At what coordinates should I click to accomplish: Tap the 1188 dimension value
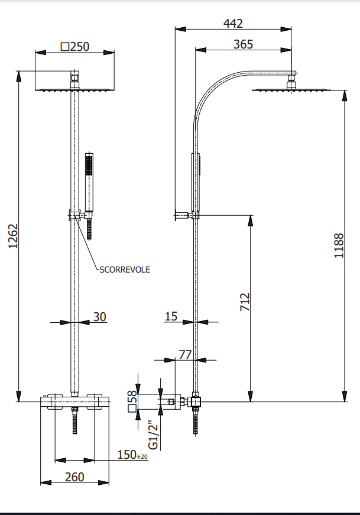pos(339,245)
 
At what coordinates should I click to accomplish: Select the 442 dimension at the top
pos(233,24)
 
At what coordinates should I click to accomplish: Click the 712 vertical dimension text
pos(245,302)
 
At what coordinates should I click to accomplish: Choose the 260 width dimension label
pos(74,477)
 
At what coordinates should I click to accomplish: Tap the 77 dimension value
pos(186,355)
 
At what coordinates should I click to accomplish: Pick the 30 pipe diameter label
pos(99,318)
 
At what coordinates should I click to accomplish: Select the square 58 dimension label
pos(132,400)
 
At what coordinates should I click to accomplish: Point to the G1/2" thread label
pos(154,435)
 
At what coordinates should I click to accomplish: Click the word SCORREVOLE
pos(125,270)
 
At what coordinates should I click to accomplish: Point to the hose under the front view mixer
pos(75,422)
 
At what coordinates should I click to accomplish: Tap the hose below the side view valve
pos(196,423)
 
